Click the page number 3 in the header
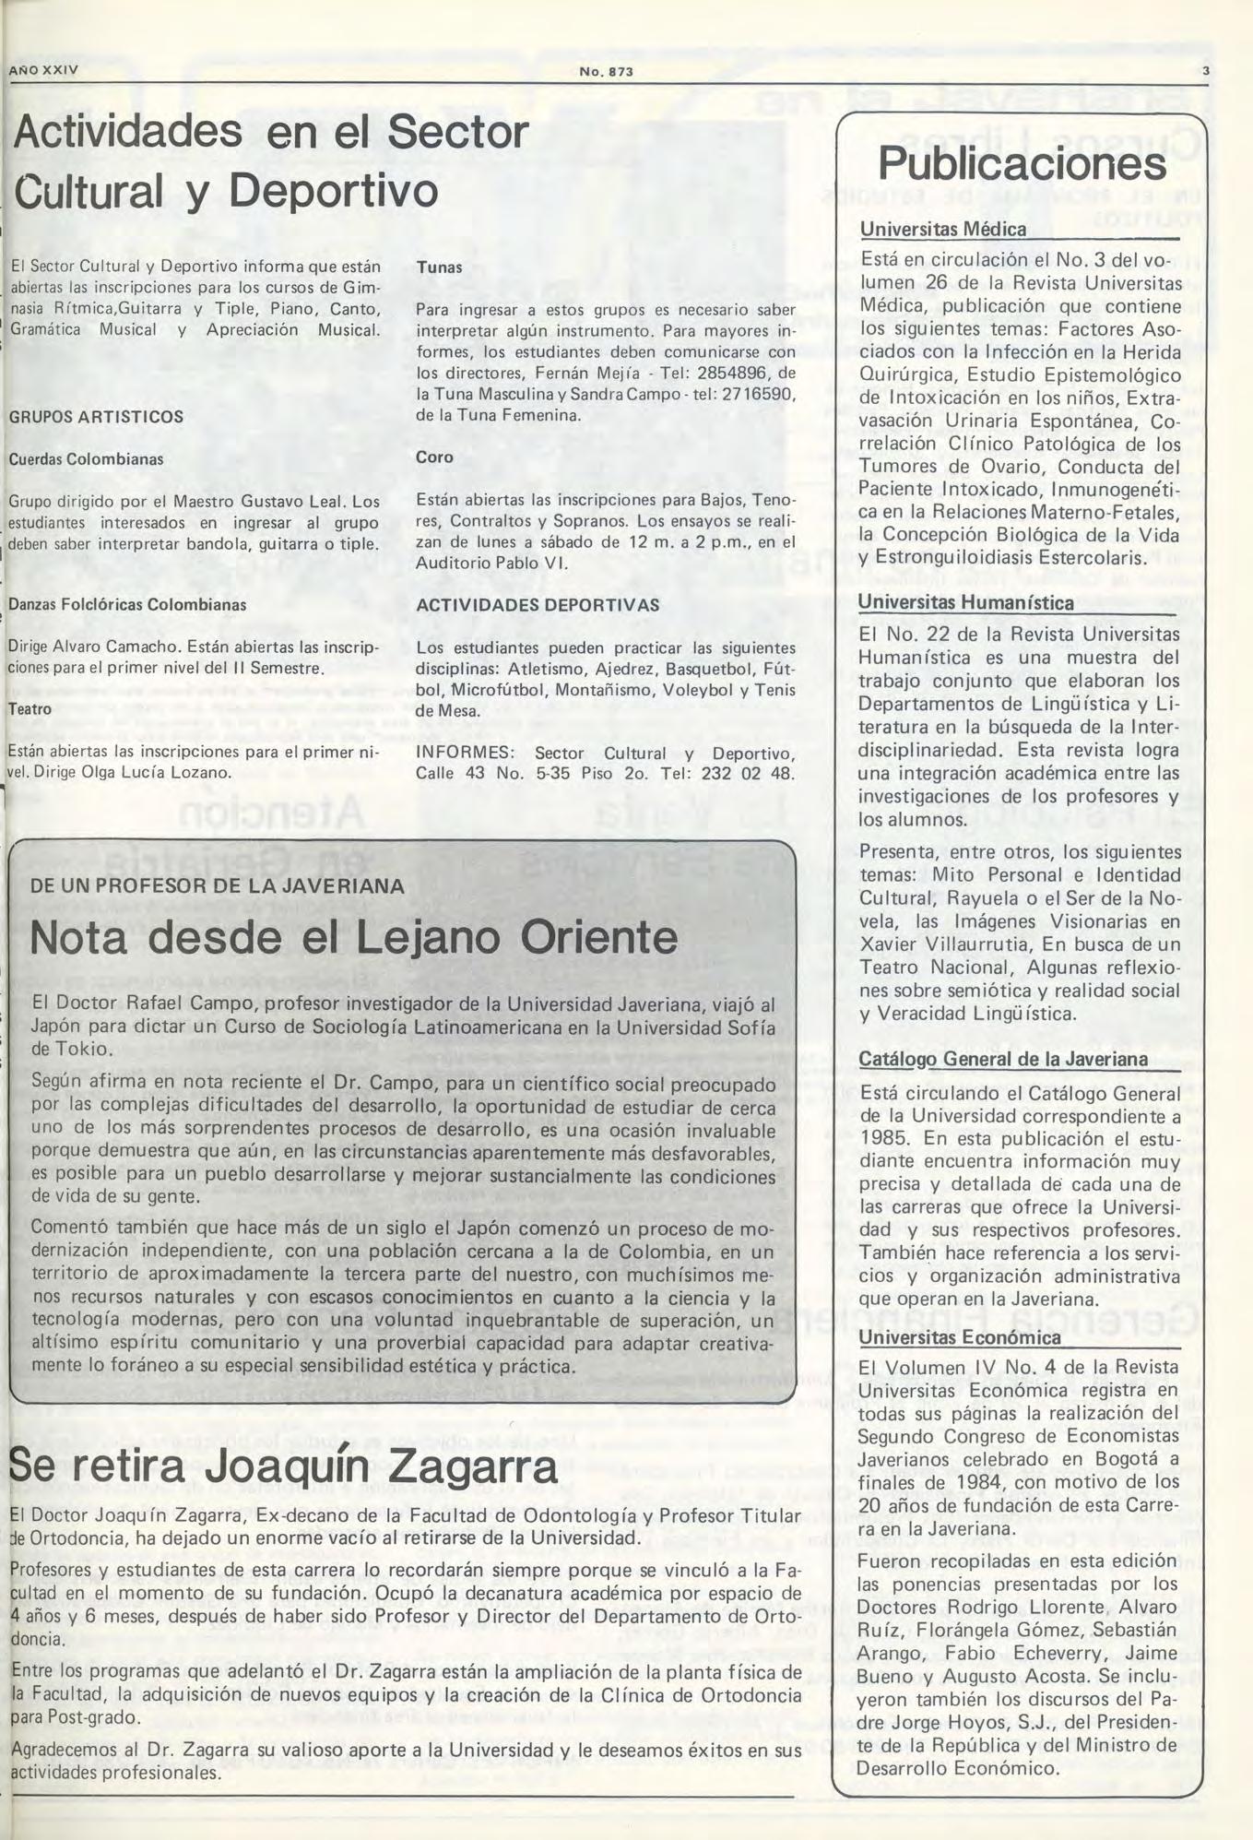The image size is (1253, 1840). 1205,72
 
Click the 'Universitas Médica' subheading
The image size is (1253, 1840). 943,230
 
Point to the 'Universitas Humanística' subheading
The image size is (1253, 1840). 965,603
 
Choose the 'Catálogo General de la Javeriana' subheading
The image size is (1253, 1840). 1003,1059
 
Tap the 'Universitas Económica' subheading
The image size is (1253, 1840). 959,1336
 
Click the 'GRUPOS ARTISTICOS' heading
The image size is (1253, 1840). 96,417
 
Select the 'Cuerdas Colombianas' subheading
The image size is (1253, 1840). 86,459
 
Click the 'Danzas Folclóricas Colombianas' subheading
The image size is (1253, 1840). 127,605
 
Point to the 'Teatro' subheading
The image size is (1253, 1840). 30,709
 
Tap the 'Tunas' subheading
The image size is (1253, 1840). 439,267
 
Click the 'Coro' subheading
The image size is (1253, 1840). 434,457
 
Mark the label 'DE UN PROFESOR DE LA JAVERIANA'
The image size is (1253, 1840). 217,886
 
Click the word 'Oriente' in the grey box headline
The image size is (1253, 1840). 599,938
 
